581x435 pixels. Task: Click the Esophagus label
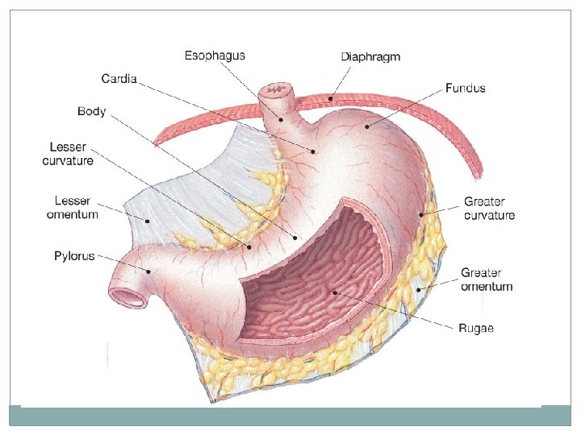(x=215, y=56)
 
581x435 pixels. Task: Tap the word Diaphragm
(x=370, y=57)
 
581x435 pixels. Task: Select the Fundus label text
(x=465, y=88)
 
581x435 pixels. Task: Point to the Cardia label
(x=119, y=79)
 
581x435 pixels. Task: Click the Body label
(x=91, y=111)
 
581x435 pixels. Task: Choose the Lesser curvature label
(x=68, y=155)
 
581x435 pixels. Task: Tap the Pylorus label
(x=74, y=256)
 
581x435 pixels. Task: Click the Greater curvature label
(x=489, y=209)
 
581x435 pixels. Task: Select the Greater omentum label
(x=486, y=280)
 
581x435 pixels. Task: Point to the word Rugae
(x=475, y=327)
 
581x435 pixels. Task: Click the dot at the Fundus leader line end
(x=366, y=126)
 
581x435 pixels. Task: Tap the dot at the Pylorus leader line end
(x=148, y=271)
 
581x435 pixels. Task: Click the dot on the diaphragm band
(x=331, y=98)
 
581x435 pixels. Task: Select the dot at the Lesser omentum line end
(x=148, y=220)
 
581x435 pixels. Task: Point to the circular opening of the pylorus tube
(x=127, y=296)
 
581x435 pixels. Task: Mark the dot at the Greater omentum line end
(x=419, y=288)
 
